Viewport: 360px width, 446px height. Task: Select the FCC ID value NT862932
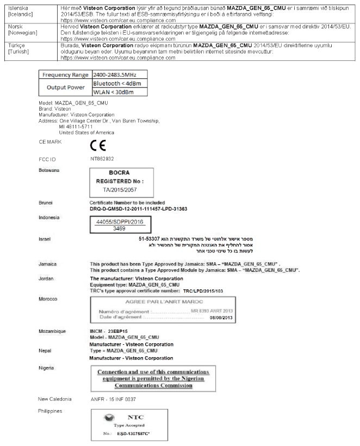102,159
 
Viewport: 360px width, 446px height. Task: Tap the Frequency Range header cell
65,75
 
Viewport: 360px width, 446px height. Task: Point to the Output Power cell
65,88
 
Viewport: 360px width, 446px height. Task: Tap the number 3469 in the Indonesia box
119,230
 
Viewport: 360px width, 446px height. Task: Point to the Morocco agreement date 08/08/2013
220,318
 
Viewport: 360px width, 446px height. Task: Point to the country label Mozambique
53,331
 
